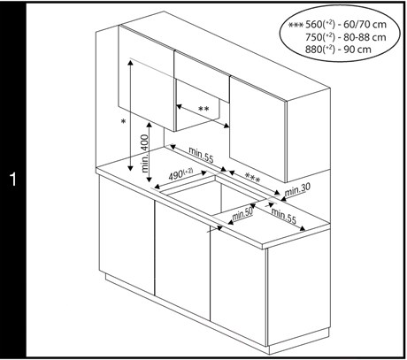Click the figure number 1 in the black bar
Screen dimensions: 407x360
[13, 180]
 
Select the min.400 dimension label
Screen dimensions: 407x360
[145, 153]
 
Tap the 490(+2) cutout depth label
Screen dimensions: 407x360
[180, 174]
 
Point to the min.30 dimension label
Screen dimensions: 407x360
[297, 189]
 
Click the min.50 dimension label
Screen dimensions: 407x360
[242, 214]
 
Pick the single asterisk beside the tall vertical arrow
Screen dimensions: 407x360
[124, 121]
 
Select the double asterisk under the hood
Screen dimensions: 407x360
[203, 109]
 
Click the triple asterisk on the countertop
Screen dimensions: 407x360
[253, 178]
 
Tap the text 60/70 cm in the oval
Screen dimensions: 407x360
[365, 25]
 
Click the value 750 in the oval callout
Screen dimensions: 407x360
[313, 37]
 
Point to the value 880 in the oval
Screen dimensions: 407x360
[313, 50]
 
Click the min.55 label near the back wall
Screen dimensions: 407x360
[201, 155]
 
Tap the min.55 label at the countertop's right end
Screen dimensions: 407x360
[283, 216]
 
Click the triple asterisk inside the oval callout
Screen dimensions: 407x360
[296, 25]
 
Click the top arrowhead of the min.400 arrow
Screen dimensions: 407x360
[150, 125]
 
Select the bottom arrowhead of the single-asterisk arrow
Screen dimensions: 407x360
[130, 168]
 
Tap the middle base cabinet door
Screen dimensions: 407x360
[182, 259]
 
